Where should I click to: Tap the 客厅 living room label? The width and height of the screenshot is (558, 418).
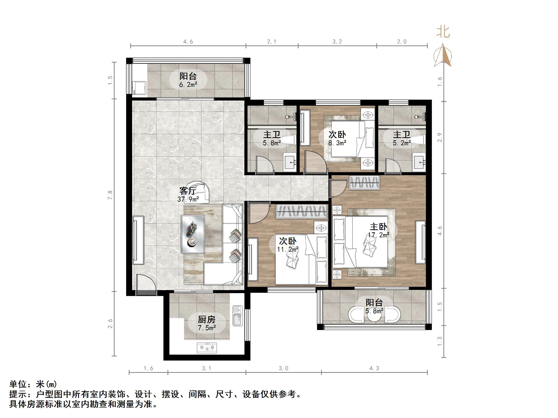(188, 191)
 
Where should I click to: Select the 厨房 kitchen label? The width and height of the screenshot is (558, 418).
(206, 320)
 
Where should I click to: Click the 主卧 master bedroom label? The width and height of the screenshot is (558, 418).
(378, 227)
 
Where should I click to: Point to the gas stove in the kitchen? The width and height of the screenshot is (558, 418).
(207, 348)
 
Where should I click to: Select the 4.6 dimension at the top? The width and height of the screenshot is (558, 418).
(188, 41)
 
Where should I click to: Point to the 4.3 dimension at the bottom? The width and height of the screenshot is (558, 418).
(374, 368)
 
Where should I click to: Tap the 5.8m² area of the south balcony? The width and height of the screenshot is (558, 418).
(374, 311)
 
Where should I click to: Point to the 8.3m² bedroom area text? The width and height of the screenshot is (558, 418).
(337, 143)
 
